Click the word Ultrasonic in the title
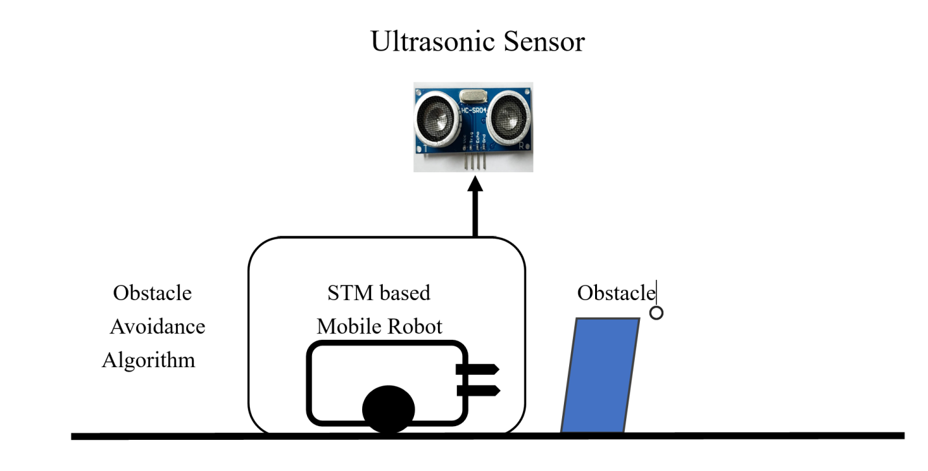pyautogui.click(x=424, y=42)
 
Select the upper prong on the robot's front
pyautogui.click(x=478, y=370)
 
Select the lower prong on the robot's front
pyautogui.click(x=478, y=390)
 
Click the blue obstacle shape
pyautogui.click(x=600, y=375)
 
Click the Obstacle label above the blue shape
pyautogui.click(x=616, y=293)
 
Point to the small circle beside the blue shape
pyautogui.click(x=656, y=313)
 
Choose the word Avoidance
pyautogui.click(x=157, y=326)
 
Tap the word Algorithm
pyautogui.click(x=149, y=359)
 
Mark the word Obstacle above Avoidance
pyautogui.click(x=153, y=293)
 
